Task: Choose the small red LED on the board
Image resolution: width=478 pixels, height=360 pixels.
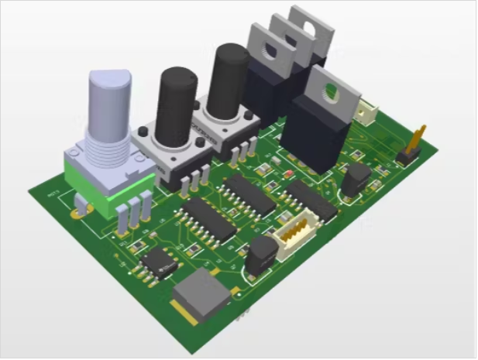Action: (287, 173)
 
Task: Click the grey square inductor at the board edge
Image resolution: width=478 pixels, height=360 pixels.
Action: (203, 295)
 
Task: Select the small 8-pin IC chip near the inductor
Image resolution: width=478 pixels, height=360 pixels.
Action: (160, 262)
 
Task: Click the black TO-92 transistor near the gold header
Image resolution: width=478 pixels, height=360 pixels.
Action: (356, 179)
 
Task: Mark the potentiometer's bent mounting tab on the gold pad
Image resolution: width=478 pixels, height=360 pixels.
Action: (81, 207)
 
